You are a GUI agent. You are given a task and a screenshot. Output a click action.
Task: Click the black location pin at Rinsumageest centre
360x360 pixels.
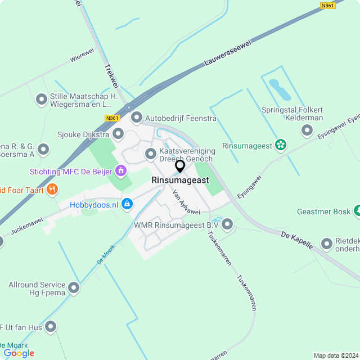[180, 166]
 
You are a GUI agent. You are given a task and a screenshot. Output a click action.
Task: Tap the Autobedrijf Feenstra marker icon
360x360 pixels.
[137, 118]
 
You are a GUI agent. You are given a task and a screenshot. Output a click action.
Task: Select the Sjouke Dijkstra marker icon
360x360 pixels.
[118, 134]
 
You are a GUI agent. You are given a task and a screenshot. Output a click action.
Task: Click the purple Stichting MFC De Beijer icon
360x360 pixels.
[120, 170]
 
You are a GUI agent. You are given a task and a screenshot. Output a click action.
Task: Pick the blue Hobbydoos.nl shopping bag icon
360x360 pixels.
[127, 204]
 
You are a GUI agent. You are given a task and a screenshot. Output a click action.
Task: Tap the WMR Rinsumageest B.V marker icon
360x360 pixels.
[227, 224]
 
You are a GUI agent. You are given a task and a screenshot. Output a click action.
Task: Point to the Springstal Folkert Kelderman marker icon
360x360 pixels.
[307, 130]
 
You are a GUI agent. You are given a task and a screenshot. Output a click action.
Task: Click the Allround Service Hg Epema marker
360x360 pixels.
[74, 289]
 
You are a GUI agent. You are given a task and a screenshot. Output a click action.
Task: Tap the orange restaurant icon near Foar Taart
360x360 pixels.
[52, 189]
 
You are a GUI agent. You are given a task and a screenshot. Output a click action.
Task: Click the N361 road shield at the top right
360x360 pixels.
[328, 6]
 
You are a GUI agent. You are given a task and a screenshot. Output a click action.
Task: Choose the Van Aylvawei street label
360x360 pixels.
[186, 202]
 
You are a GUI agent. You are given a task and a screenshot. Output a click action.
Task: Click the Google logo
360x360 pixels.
[19, 353]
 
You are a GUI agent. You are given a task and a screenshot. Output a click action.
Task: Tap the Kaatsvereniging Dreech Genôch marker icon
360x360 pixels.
[151, 154]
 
